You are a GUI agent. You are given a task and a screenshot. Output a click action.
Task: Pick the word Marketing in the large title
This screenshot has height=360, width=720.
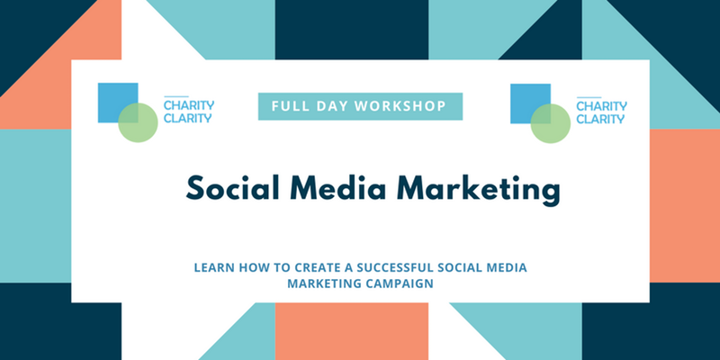pos(478,189)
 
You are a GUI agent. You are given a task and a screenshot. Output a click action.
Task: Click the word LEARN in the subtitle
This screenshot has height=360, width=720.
pos(209,267)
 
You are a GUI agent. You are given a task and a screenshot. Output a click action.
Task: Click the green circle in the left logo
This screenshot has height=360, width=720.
pos(138,122)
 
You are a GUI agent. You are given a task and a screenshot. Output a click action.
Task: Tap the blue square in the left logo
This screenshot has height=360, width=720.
pos(118,103)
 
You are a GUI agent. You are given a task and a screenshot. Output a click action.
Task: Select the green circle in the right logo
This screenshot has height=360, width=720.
pos(551,123)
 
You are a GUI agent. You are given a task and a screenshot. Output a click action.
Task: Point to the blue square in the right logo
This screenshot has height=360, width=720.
pos(530,103)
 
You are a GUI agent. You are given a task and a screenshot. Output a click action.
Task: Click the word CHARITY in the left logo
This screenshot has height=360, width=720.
pos(189,105)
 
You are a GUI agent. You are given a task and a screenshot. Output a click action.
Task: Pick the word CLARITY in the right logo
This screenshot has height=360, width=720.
pos(600,120)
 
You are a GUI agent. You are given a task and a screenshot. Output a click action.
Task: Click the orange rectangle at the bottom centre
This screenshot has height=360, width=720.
pos(352,331)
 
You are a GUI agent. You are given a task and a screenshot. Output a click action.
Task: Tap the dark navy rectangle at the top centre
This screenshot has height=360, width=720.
pos(352,30)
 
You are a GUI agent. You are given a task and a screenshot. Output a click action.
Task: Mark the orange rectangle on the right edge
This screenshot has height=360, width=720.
pos(685,206)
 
